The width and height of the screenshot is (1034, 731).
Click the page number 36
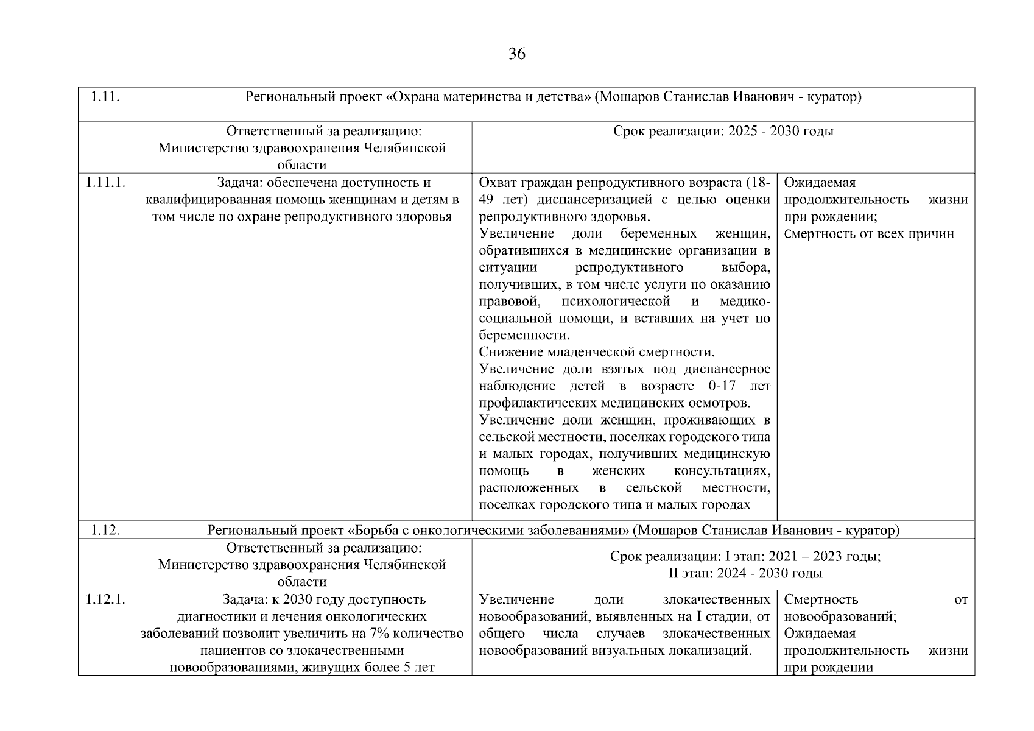[516, 54]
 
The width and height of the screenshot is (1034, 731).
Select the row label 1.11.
[104, 97]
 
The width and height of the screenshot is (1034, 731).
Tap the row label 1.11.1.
[105, 183]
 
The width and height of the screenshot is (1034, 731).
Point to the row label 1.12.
[104, 530]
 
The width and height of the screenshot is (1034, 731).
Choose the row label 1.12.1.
[105, 599]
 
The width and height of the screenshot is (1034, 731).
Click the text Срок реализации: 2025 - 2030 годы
[723, 132]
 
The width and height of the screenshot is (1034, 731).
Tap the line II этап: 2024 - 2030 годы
[745, 573]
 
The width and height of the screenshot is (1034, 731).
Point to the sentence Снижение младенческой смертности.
[597, 352]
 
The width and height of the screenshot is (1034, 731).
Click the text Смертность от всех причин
[869, 234]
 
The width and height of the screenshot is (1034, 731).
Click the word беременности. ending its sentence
[524, 335]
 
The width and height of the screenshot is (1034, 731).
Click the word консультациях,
[722, 471]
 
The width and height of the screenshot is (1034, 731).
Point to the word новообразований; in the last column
[840, 616]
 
